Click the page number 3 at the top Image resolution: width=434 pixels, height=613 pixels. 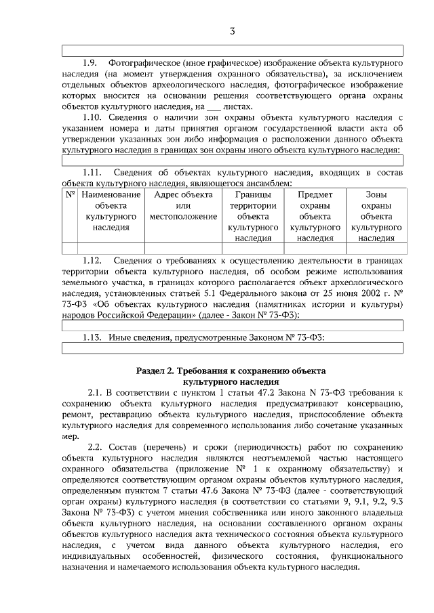coord(232,31)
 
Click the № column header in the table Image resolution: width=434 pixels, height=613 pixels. coord(70,194)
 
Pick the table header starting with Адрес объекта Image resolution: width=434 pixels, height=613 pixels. coord(183,205)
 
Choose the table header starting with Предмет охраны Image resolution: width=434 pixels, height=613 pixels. coord(315,216)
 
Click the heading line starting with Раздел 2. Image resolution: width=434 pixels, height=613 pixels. coord(231,371)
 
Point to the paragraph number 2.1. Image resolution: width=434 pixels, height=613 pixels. coord(96,392)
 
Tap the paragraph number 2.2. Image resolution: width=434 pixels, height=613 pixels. coord(96,448)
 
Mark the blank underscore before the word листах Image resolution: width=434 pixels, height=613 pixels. coord(213,107)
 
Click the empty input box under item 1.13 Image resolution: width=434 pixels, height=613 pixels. coord(232,348)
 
